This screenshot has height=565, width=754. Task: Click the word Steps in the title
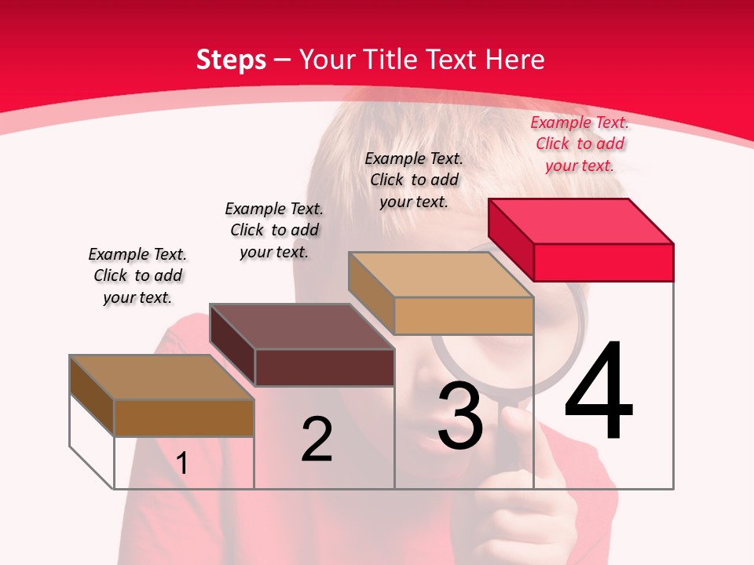231,60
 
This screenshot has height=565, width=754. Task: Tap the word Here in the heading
514,60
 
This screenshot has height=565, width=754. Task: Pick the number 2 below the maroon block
317,439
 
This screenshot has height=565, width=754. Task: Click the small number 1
181,463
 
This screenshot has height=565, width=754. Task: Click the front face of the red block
603,262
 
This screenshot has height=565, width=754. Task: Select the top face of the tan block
441,275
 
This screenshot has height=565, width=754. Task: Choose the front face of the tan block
463,315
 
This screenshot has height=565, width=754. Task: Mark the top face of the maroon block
302,326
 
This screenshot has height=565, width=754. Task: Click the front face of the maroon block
324,367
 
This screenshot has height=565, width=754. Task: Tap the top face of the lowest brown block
162,377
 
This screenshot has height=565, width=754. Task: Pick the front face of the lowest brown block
184,417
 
